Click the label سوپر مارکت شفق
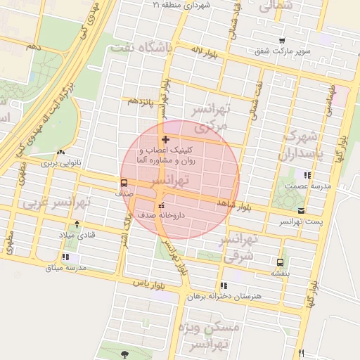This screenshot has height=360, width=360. [282, 51]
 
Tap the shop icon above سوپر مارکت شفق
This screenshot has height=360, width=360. [282, 41]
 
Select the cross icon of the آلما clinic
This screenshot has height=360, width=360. [165, 139]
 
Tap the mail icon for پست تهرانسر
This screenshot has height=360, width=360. [302, 210]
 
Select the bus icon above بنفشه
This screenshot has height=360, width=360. [281, 262]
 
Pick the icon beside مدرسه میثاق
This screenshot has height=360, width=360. [66, 257]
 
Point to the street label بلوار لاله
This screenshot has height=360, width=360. [206, 51]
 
